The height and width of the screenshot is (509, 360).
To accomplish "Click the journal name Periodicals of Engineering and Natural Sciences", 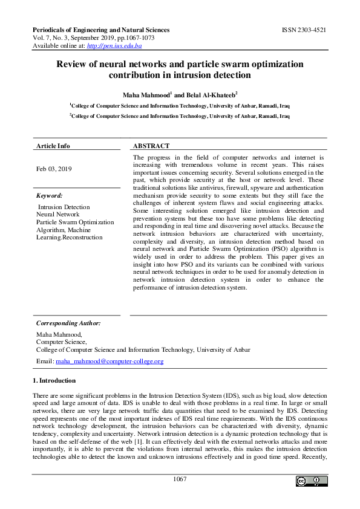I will [100, 30].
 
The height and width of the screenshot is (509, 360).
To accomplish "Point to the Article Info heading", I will [53, 146].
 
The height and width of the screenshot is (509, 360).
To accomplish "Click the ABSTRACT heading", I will [151, 146].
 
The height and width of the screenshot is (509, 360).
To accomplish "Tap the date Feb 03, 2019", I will [54, 169].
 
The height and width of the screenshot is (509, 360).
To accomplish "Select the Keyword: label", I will [50, 195].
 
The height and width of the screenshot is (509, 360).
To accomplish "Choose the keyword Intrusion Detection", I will [64, 207].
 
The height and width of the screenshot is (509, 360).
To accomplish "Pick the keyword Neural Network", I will [58, 214].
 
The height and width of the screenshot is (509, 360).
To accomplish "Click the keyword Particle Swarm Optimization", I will [75, 222].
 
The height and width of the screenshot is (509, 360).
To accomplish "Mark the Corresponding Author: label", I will [68, 323].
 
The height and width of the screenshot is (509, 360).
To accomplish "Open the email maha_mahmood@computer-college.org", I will [110, 361].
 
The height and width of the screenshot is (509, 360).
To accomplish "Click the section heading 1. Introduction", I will [54, 380].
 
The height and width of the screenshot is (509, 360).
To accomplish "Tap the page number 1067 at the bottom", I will [180, 479].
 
